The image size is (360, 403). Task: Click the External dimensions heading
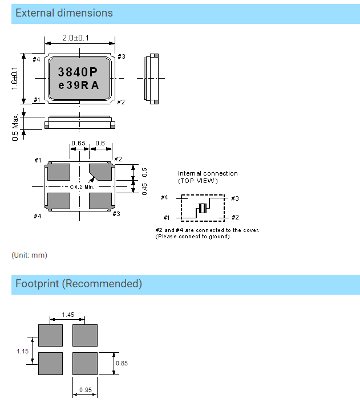[64, 13]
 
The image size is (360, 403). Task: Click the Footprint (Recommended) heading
[79, 283]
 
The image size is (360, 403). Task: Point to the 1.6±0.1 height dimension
[14, 79]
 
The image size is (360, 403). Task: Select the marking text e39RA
[79, 86]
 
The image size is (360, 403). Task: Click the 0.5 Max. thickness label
[14, 127]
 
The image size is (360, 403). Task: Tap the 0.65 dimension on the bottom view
[78, 143]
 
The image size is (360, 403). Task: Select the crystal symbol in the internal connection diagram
[201, 208]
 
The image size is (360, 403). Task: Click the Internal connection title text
[208, 173]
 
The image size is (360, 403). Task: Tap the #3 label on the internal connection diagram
[234, 198]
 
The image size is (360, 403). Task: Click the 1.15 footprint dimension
[22, 351]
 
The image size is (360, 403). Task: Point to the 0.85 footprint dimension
[122, 363]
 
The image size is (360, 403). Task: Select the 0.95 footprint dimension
[84, 390]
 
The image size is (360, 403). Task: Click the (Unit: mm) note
[29, 255]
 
